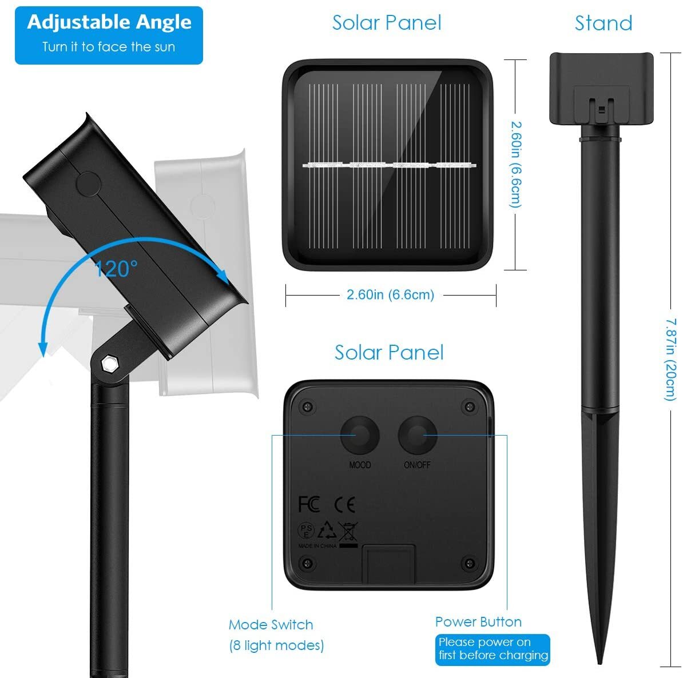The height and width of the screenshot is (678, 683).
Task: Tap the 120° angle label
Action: tap(116, 269)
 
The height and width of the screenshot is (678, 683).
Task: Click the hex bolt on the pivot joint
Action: tap(108, 364)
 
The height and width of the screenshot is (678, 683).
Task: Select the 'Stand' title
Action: tap(603, 23)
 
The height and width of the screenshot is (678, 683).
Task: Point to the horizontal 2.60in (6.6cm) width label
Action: tap(390, 295)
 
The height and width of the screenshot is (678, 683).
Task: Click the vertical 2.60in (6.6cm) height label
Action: tap(516, 165)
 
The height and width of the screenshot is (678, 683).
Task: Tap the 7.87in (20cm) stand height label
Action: tap(671, 359)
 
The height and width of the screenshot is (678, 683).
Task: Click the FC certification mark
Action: tap(309, 504)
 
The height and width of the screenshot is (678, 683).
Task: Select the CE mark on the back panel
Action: tap(344, 504)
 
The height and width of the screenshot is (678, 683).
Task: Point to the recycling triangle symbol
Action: tap(327, 530)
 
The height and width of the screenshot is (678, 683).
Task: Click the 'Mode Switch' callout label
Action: tap(271, 624)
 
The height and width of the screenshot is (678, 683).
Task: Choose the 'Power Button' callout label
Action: tap(478, 622)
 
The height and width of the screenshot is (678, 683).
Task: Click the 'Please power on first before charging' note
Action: tap(493, 649)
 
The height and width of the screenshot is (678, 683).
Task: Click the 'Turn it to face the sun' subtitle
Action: tap(109, 47)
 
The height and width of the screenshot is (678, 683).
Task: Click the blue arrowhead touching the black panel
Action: tap(221, 275)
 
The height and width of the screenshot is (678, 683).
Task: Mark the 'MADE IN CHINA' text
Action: tap(317, 546)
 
